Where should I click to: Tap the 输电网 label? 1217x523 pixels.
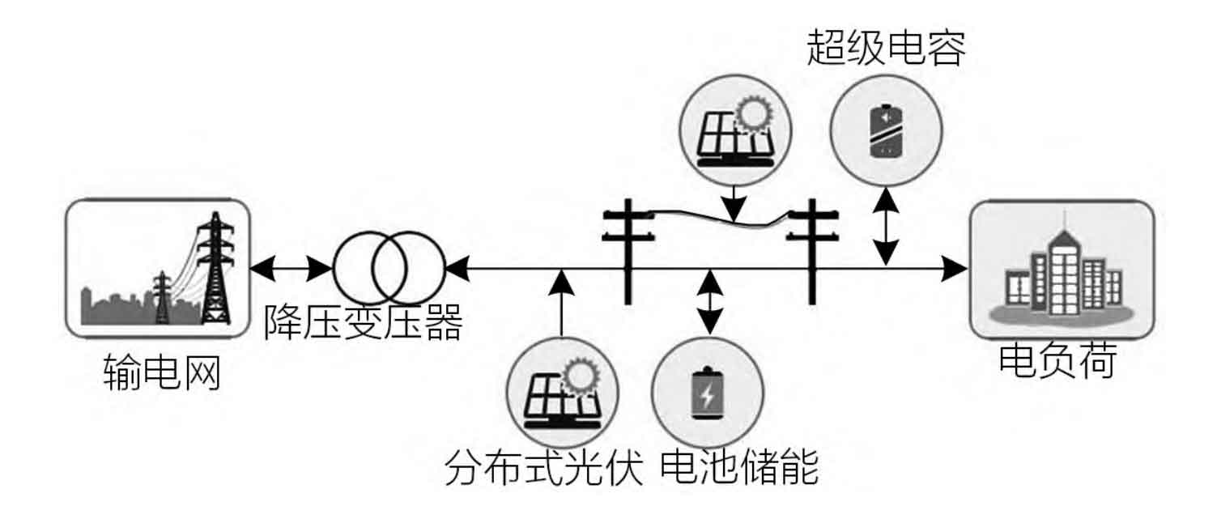click(x=163, y=374)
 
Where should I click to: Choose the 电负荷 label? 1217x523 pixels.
click(x=1057, y=361)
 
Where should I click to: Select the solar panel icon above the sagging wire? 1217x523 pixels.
click(x=734, y=132)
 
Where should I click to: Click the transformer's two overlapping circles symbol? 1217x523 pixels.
click(x=389, y=268)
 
